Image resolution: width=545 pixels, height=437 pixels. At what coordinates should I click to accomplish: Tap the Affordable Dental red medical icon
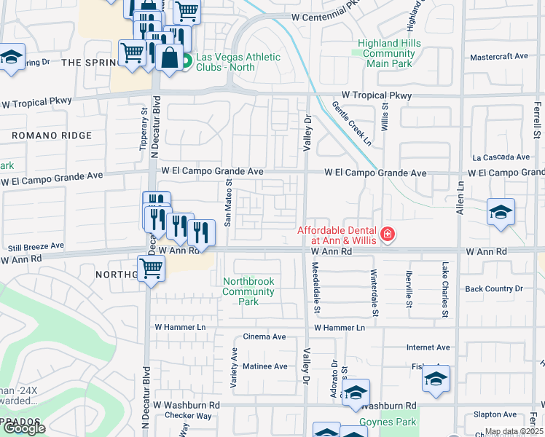click(x=388, y=234)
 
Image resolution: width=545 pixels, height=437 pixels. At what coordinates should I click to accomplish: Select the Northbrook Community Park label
click(x=248, y=291)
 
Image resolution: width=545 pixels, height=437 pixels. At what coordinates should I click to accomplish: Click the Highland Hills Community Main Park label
click(x=389, y=53)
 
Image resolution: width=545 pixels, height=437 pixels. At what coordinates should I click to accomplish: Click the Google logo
click(x=24, y=428)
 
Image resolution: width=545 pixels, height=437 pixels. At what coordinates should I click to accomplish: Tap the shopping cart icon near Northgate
click(x=151, y=269)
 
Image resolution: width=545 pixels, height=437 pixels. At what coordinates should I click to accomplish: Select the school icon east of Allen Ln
click(x=501, y=213)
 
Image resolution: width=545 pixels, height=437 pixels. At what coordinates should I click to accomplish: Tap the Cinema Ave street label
click(x=264, y=337)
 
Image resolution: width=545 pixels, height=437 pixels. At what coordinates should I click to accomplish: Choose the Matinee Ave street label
click(x=265, y=366)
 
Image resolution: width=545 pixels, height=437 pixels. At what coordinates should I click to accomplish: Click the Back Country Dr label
click(x=494, y=289)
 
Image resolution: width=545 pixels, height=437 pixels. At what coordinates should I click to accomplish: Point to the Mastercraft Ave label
click(x=499, y=56)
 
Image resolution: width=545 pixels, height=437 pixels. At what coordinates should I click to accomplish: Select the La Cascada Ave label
click(x=501, y=157)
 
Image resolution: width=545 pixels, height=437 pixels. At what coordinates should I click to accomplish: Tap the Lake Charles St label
click(x=444, y=290)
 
